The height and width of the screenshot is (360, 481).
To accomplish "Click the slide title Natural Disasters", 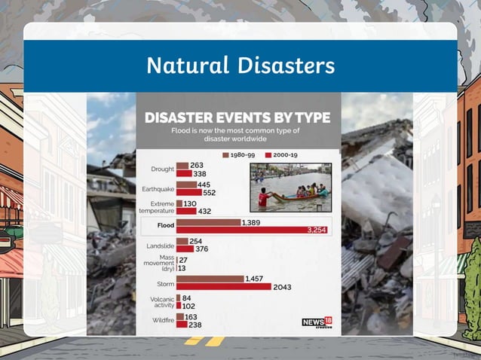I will point(240,66).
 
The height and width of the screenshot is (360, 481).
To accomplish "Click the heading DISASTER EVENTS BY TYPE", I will point(237,117).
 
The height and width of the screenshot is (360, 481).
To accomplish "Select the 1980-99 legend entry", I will point(239,154).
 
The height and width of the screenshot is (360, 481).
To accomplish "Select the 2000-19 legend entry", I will point(280,154).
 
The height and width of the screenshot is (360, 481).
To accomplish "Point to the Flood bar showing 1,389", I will point(208,223).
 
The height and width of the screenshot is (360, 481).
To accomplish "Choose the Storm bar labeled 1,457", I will point(210,279).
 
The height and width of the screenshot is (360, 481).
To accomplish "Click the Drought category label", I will point(161,169).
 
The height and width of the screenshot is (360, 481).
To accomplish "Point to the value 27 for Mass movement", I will point(183,259).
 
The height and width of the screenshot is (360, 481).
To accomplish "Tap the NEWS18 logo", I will point(317,322).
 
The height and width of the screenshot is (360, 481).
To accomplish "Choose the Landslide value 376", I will point(202,249).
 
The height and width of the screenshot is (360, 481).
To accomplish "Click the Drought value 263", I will point(197,165).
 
